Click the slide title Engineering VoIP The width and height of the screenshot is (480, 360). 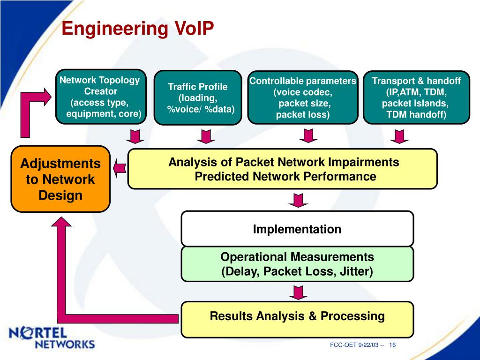coord(138,29)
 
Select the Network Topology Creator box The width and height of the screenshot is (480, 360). coord(101,97)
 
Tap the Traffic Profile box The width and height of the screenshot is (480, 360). coord(198,97)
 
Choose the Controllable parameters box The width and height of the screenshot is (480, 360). coord(303,97)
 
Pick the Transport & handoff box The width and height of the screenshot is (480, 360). coord(416,97)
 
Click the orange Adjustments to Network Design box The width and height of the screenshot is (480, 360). coord(60,179)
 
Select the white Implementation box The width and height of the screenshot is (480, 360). coord(297,229)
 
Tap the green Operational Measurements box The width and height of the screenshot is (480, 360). coord(297,264)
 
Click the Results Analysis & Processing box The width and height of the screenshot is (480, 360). coord(297,319)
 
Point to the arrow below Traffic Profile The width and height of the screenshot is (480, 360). coord(206,136)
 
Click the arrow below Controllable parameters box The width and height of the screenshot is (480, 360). coord(308,135)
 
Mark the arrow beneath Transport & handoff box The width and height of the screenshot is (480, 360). coord(399,136)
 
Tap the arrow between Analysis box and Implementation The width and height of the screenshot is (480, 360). coord(298,200)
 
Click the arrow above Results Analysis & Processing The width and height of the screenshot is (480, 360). coord(298,292)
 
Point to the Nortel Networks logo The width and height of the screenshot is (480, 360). coord(52,338)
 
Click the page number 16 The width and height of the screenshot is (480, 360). coord(392,345)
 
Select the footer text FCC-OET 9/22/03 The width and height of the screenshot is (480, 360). coord(354,345)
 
